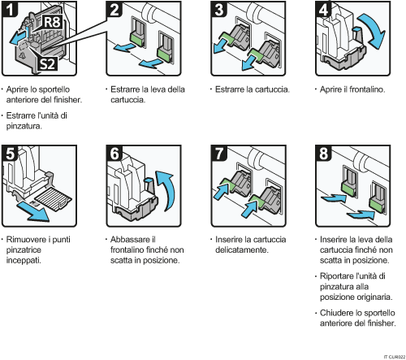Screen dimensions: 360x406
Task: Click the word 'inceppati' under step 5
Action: click(25, 261)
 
